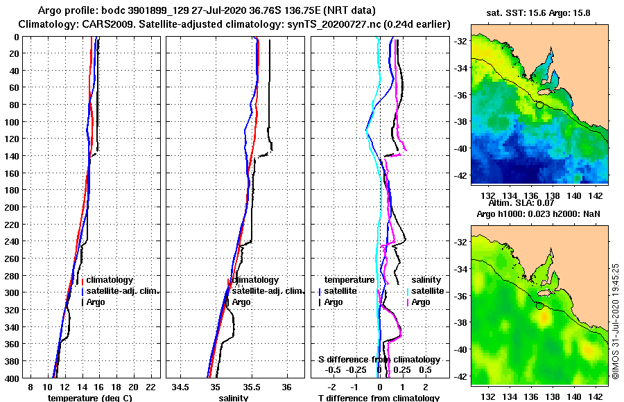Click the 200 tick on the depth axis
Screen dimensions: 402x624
point(13,207)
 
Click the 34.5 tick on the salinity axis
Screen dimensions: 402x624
point(181,386)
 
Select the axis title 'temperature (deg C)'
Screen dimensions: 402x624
point(90,398)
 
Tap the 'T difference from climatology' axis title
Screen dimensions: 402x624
point(379,398)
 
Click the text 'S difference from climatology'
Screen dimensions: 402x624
point(379,360)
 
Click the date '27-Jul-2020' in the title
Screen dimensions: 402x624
point(180,10)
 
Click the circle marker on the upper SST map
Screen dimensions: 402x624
point(539,105)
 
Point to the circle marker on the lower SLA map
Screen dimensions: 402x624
point(539,306)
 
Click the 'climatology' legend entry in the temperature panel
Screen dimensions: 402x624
point(110,279)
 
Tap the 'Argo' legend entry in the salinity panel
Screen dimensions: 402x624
point(241,302)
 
